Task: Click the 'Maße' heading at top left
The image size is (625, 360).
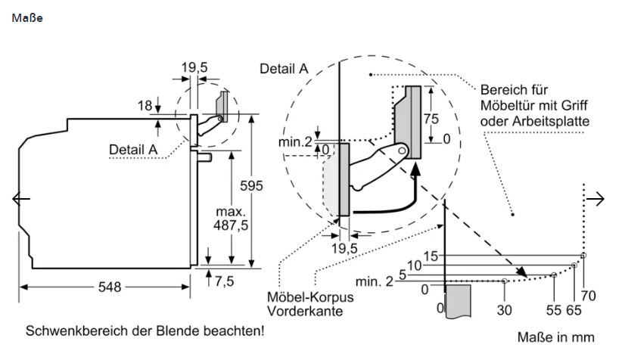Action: [x=27, y=18]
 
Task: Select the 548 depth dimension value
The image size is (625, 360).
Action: [x=110, y=287]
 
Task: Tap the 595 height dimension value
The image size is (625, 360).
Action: [x=251, y=185]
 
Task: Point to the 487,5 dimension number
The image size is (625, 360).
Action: [x=231, y=225]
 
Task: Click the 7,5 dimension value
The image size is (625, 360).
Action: [x=225, y=281]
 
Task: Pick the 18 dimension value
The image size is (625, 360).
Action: [x=145, y=106]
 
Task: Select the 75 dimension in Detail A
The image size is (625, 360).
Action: [x=431, y=119]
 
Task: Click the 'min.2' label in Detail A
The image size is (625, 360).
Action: [x=295, y=141]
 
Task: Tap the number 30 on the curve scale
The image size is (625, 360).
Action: [x=504, y=310]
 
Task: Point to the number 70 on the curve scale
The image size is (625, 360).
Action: [x=588, y=296]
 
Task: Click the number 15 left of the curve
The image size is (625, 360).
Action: [x=431, y=256]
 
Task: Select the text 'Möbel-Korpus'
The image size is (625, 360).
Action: [x=310, y=297]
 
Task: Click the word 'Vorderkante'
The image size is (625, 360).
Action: [x=305, y=311]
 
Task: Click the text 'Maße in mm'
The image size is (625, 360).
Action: [x=555, y=337]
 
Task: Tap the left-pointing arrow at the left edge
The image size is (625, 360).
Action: [x=21, y=199]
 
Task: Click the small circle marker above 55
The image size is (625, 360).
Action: [x=554, y=275]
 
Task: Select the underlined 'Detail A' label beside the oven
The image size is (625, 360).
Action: [x=133, y=150]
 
